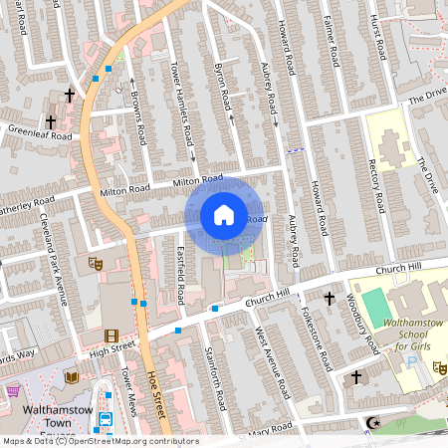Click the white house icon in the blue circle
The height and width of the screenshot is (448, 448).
click(223, 215)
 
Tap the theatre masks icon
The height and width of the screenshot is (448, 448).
click(97, 263)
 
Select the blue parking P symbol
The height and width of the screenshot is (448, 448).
click(412, 365)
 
